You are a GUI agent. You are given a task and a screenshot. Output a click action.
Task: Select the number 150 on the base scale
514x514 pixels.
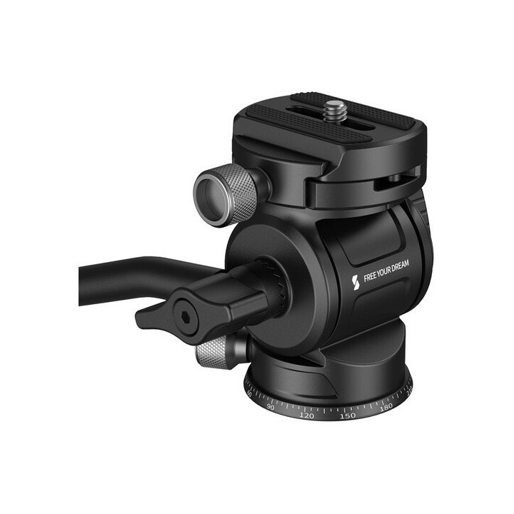coord(348,415)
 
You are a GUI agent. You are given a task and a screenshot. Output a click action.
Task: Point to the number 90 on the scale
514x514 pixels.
coord(271,406)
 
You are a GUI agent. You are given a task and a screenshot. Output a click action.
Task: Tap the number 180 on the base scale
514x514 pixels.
coord(386,407)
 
